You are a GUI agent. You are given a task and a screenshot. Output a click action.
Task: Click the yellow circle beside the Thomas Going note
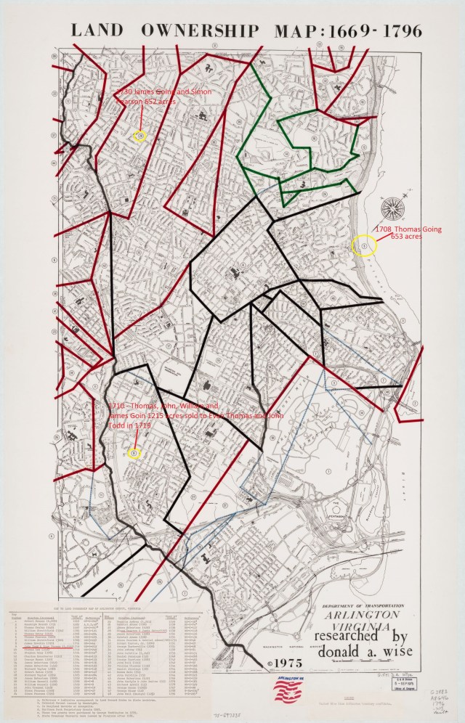364,247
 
